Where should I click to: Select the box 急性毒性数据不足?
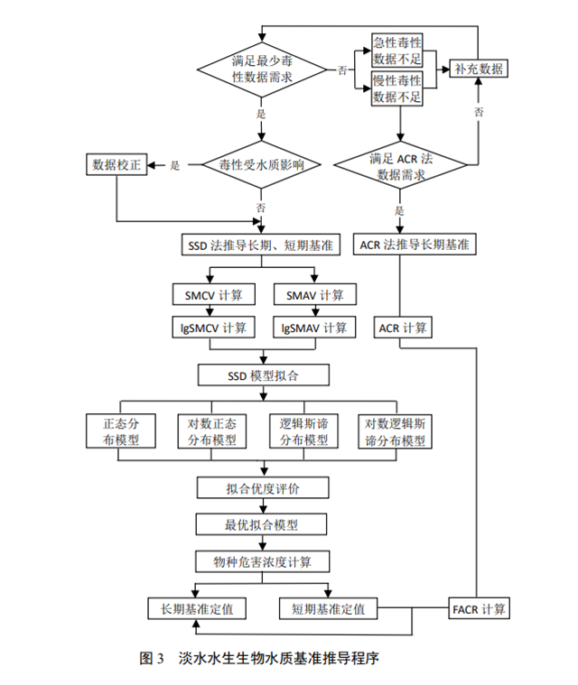(x=398, y=51)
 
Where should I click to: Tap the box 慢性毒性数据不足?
(x=398, y=88)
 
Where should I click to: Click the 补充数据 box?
(x=480, y=69)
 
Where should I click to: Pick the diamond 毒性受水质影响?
(x=262, y=165)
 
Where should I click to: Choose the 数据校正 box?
(x=117, y=165)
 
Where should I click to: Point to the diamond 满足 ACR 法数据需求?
(x=400, y=165)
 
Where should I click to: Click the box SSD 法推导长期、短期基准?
(x=262, y=245)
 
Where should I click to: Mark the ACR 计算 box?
(x=403, y=327)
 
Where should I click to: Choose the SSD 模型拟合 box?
(x=262, y=375)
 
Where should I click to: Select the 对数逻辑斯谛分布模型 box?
(x=396, y=431)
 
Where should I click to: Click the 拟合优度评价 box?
(x=262, y=488)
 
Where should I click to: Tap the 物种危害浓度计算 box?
(x=262, y=561)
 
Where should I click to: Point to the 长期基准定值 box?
(x=196, y=609)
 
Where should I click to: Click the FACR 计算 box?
(x=479, y=608)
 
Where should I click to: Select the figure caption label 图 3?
(x=151, y=657)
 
